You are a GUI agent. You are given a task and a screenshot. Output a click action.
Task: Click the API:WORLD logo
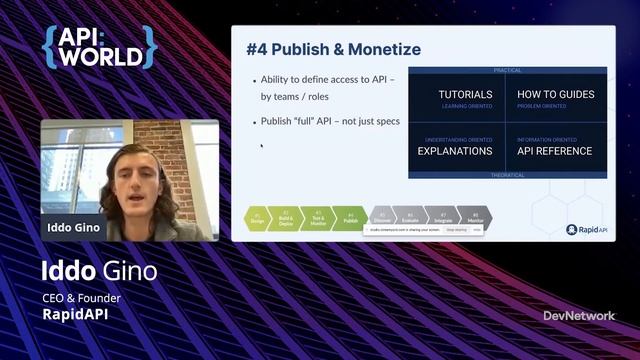[99, 47]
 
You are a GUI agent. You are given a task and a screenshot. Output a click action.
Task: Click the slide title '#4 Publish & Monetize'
[333, 49]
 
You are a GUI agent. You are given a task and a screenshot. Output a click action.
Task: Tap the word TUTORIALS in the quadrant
[465, 95]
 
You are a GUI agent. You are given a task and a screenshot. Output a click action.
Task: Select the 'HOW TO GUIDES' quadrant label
[555, 95]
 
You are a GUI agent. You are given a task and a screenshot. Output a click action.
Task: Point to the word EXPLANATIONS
[454, 151]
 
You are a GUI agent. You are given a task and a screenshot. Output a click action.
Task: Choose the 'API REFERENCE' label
[554, 151]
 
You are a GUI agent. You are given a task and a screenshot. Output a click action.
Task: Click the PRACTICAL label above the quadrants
[507, 70]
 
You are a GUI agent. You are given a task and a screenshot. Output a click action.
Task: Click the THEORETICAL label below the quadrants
[507, 175]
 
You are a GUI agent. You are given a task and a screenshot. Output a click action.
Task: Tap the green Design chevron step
[258, 218]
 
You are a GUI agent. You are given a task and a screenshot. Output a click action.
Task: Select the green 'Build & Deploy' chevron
[287, 218]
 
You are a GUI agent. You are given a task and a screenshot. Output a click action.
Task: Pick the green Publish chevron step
[350, 218]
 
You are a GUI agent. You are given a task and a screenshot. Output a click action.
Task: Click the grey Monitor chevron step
[475, 218]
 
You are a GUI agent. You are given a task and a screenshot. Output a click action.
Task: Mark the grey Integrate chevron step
[444, 218]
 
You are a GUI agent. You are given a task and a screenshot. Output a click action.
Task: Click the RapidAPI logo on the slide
[585, 229]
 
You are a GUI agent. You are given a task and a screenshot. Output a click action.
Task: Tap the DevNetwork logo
[579, 316]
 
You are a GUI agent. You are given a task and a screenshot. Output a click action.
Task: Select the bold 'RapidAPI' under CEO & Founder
[76, 314]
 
